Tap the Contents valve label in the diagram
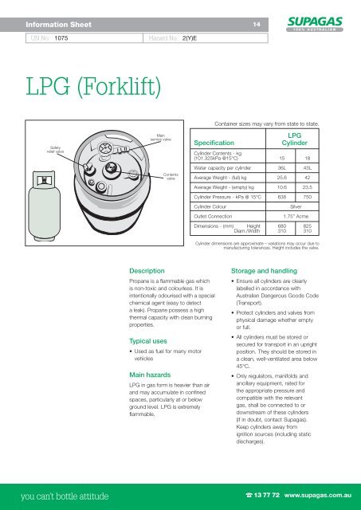(170, 177)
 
